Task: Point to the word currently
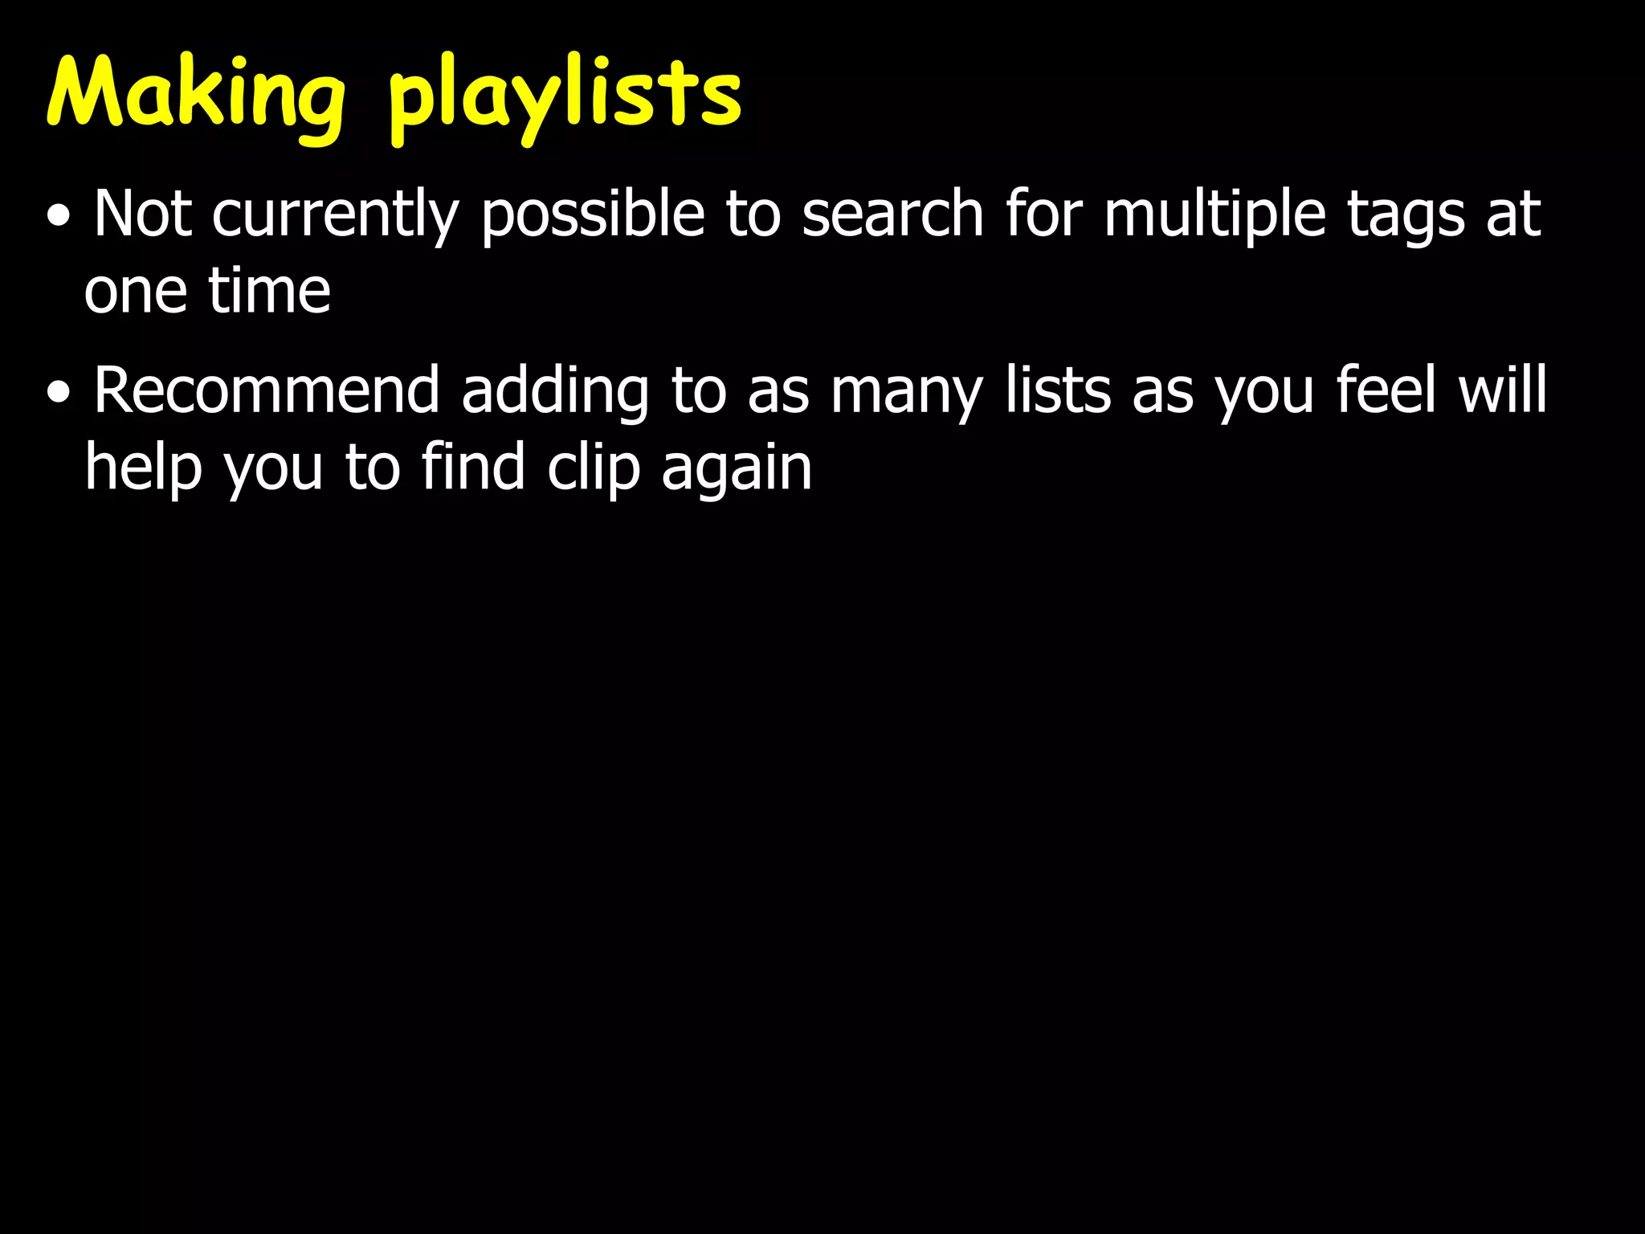[335, 215]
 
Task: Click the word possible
[593, 215]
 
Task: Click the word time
[269, 290]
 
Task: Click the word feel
[1385, 390]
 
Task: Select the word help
[143, 468]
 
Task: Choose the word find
[473, 467]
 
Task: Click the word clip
[593, 468]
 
